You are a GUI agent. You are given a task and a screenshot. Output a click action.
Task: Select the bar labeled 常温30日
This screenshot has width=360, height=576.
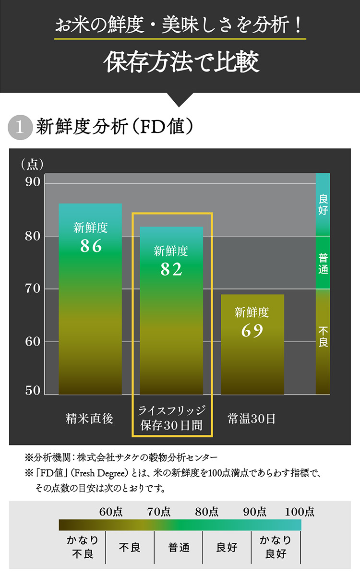[252, 360]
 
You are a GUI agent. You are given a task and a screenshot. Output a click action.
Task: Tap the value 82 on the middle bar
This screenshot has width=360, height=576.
[171, 270]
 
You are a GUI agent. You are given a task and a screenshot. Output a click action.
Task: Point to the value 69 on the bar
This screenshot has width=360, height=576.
[252, 331]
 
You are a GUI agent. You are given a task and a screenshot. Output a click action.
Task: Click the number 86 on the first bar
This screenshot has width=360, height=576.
[91, 246]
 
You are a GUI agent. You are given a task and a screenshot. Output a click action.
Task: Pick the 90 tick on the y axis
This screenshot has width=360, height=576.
[33, 183]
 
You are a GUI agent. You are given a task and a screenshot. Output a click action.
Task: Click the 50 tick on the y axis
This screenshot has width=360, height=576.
[33, 391]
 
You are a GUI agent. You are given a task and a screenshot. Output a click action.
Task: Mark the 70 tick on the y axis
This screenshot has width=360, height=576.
[33, 289]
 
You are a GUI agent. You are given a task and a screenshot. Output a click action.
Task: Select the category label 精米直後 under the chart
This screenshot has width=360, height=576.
[90, 419]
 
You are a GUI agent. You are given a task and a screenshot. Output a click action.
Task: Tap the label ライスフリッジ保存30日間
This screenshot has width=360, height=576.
[171, 418]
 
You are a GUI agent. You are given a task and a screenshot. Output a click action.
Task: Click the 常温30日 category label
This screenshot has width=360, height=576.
[252, 419]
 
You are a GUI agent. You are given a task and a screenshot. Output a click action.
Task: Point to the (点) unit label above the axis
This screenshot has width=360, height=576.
[32, 165]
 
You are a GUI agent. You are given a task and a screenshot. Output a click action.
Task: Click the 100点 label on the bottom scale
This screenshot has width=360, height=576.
[300, 512]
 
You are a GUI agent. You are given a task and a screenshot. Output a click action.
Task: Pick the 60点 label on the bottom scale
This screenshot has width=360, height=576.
[111, 512]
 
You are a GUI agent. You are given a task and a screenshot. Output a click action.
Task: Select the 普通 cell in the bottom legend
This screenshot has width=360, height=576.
[179, 547]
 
